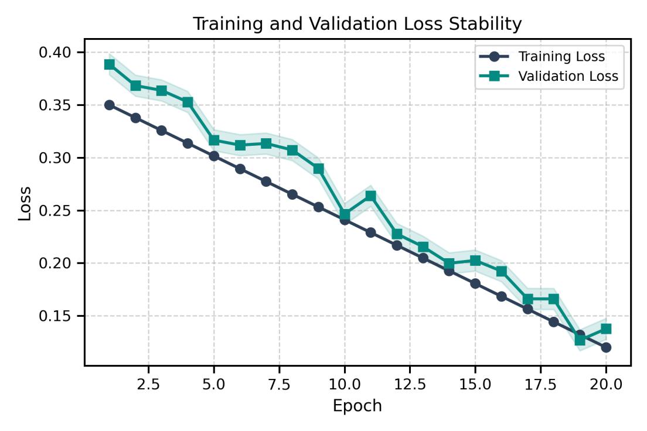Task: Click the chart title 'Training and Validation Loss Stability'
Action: [x=357, y=24]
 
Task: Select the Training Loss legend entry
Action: [x=561, y=57]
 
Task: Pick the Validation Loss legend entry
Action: [x=568, y=76]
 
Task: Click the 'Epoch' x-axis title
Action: [x=357, y=406]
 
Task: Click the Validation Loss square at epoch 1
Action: [x=110, y=64]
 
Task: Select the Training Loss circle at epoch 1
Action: [x=110, y=105]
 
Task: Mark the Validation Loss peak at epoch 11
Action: [x=370, y=196]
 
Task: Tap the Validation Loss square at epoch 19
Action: [x=580, y=340]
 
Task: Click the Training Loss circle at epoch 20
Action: [x=606, y=347]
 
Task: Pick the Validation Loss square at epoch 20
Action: [x=606, y=329]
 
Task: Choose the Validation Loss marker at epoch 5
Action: [x=214, y=140]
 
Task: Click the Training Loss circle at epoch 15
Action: [x=475, y=283]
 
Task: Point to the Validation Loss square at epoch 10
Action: [x=345, y=215]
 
